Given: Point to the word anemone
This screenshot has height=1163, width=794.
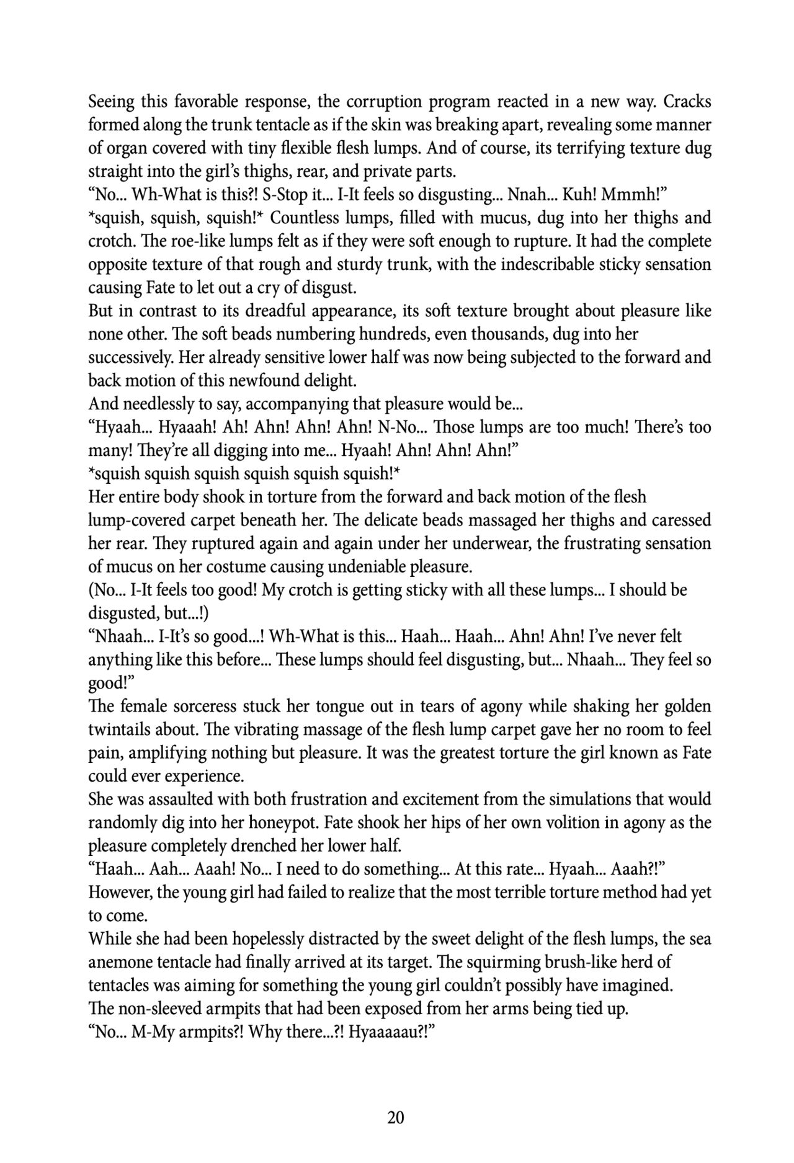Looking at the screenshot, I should coord(128,962).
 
